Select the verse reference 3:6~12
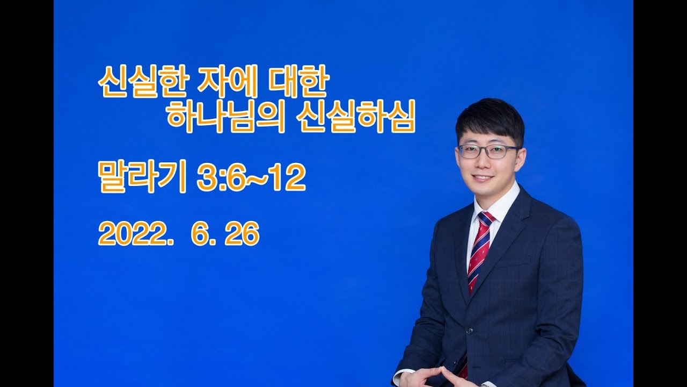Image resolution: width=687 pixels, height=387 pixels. pos(251,178)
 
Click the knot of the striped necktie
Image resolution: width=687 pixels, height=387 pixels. pos(486,219)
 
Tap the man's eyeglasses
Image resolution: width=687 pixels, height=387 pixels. pos(488,152)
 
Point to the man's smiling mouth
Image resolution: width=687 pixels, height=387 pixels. pos(484,177)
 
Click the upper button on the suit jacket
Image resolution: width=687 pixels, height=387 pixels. pos(469,331)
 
